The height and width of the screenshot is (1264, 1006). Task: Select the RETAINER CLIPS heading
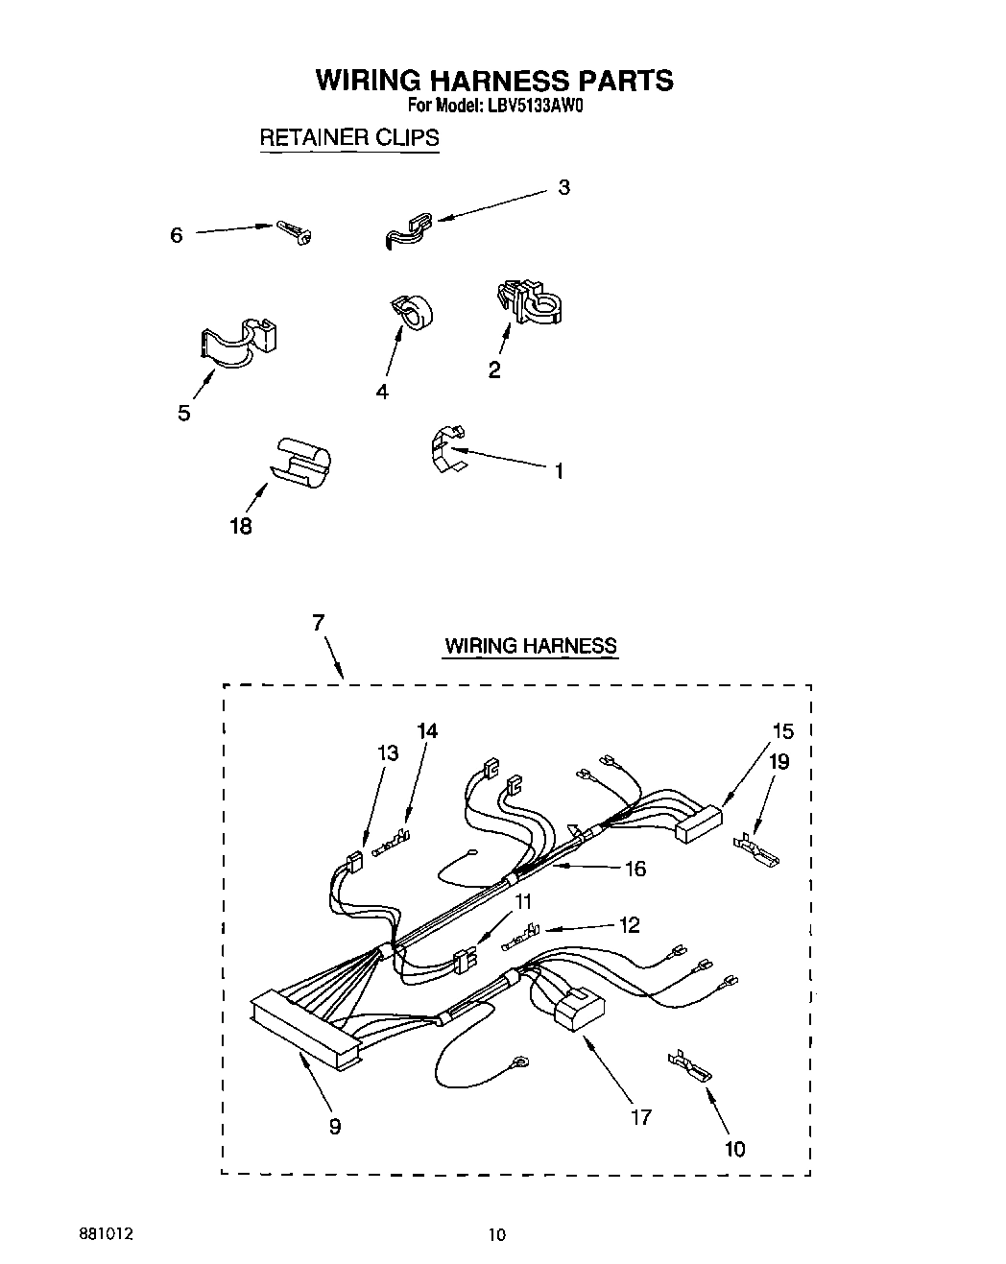(349, 137)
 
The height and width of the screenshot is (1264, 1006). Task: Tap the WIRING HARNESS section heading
(530, 646)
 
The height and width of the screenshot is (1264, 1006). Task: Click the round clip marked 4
(412, 312)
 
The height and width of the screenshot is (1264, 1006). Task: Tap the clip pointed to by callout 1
(443, 449)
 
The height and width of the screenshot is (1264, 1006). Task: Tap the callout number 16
(635, 869)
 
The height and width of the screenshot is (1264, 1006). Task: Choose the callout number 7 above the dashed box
(318, 622)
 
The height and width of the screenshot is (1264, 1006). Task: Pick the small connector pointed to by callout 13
(354, 860)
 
